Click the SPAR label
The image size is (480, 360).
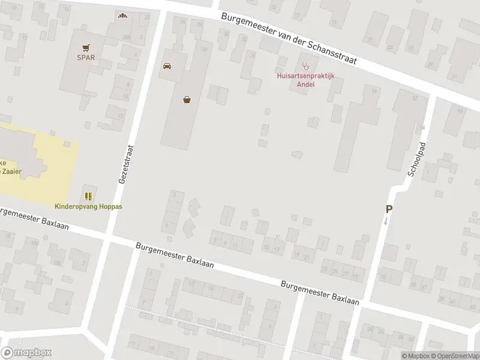[x=86, y=58]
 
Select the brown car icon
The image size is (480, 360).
[x=167, y=65]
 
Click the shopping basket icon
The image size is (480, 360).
[x=188, y=100]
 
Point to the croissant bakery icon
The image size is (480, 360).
[x=123, y=16]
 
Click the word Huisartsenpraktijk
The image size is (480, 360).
[x=305, y=76]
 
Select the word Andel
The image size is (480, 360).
[x=305, y=84]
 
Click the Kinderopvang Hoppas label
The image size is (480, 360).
[x=89, y=206]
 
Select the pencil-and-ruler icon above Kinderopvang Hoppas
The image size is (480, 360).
[x=89, y=196]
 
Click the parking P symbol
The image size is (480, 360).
[x=389, y=209]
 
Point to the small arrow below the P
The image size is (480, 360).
[x=386, y=221]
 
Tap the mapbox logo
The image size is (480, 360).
[x=26, y=353]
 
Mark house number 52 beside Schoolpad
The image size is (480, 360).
[x=415, y=98]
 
